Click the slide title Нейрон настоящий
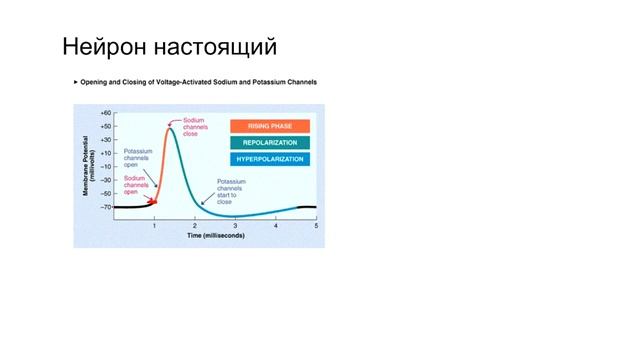coord(169,47)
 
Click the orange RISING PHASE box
coord(270,126)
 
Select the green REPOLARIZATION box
coord(270,142)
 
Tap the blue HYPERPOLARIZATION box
coord(270,159)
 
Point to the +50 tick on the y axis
coord(105,127)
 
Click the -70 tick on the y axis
coord(105,207)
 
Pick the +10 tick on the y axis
coord(105,154)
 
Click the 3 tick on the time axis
coord(235,227)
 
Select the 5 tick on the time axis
coord(316,227)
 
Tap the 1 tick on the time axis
coord(154,227)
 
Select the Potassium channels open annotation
coord(136,158)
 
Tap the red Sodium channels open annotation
coord(136,185)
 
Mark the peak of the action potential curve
coord(171,129)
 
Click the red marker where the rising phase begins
coord(153,202)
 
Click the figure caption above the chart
coord(197,82)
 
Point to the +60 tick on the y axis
coord(105,114)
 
